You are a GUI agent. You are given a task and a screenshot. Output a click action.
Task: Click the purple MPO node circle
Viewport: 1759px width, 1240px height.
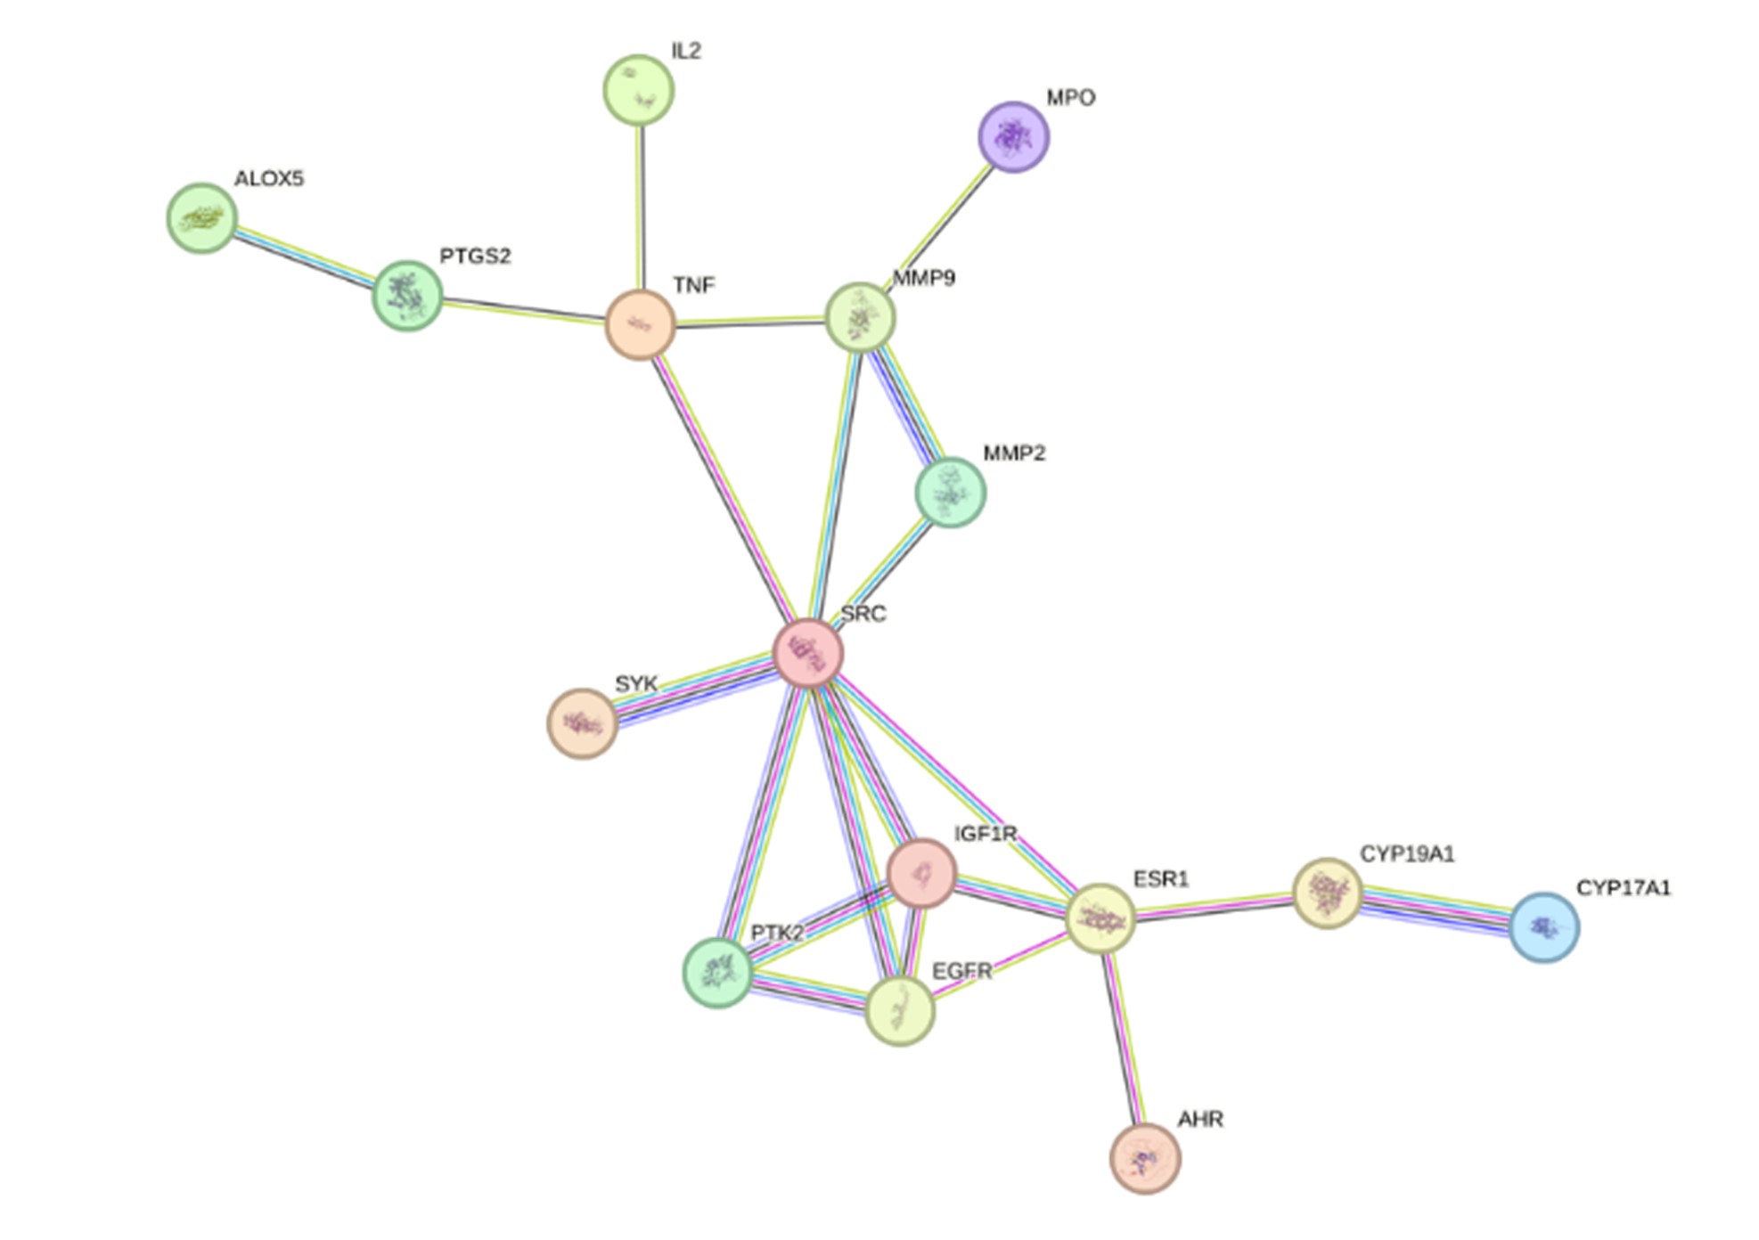click(x=1013, y=137)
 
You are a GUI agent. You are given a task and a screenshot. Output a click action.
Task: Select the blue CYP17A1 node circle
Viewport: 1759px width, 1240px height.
click(x=1544, y=927)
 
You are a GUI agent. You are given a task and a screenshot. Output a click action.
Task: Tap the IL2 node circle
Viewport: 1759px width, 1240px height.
click(x=638, y=90)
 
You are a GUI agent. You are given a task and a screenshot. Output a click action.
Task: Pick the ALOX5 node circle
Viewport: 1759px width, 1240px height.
click(x=202, y=218)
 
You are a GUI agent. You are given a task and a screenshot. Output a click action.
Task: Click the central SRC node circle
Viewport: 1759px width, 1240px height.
click(x=807, y=654)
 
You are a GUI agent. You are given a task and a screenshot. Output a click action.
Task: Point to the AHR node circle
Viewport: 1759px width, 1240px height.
click(x=1145, y=1158)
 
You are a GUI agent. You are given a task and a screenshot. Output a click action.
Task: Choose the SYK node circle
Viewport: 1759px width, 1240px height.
click(x=582, y=723)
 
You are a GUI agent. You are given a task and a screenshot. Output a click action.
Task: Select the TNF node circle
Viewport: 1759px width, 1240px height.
click(x=640, y=325)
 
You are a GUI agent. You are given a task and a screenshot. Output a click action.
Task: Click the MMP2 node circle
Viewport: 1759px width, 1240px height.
click(x=950, y=493)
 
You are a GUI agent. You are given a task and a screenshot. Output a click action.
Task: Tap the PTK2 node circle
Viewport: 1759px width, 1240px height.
click(x=717, y=973)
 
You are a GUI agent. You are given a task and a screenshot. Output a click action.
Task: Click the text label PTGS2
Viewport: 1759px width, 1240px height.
click(x=475, y=257)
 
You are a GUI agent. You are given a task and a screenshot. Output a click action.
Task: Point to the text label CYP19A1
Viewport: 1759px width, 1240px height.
click(x=1407, y=854)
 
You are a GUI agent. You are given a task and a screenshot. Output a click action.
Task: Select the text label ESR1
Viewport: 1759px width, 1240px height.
click(x=1161, y=879)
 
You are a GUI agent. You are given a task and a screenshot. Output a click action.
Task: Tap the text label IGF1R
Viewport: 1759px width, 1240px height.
click(x=986, y=834)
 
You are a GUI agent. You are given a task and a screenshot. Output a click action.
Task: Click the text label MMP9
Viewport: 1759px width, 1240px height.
click(x=924, y=278)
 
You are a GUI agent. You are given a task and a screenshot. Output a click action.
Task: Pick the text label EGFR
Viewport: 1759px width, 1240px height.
click(x=961, y=971)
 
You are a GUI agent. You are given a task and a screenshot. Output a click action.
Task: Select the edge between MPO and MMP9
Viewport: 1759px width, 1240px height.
click(x=942, y=221)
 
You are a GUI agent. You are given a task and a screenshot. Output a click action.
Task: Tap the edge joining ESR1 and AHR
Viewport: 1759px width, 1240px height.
click(x=1123, y=1039)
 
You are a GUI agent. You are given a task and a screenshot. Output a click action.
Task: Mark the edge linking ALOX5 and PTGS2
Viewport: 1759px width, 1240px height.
click(x=304, y=256)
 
